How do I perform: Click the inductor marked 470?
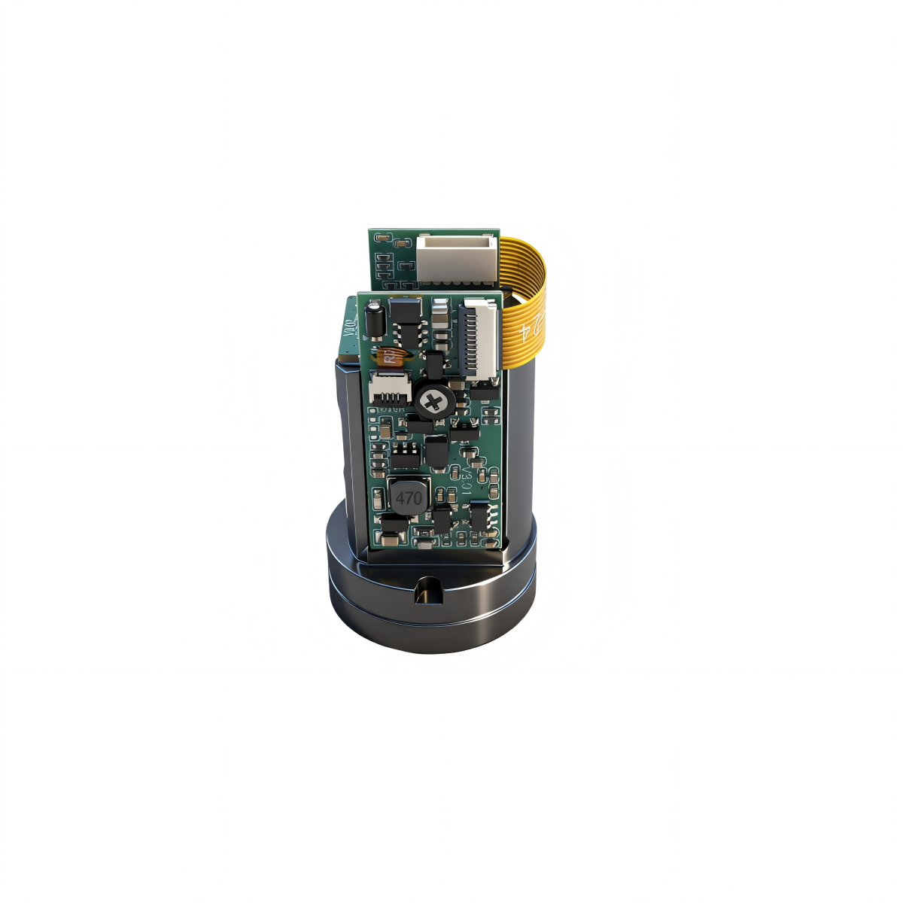tap(408, 497)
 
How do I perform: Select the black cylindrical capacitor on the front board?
tap(372, 321)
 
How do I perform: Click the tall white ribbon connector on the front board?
tap(479, 336)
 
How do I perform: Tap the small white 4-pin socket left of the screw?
tap(389, 390)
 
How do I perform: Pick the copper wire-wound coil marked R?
tap(391, 357)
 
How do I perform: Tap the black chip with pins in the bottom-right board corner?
tap(480, 516)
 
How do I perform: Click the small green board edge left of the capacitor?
tap(350, 327)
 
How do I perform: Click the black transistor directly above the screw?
tap(433, 366)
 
